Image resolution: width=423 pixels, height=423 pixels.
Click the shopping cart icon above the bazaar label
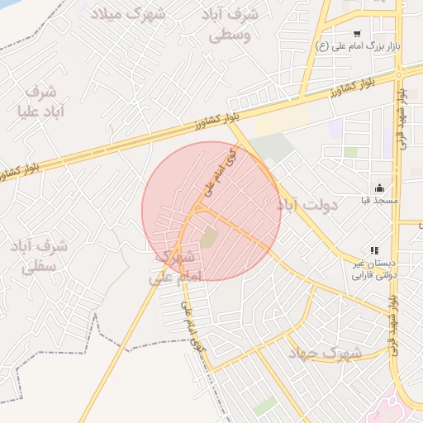357,33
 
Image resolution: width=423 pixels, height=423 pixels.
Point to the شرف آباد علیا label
34,101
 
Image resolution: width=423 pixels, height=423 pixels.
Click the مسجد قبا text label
379,201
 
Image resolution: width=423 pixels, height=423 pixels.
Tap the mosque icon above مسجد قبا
379,188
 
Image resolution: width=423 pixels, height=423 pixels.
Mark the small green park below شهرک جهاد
266,406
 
